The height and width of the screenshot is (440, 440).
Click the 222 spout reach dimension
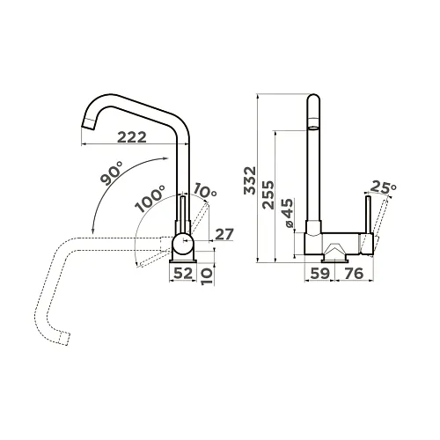click(132, 137)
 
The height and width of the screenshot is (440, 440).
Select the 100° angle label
click(150, 199)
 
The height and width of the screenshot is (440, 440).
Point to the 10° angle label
click(205, 191)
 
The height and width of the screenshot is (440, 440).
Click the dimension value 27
click(224, 234)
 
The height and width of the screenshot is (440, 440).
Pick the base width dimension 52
click(183, 274)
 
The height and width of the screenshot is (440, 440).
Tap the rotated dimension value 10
click(207, 276)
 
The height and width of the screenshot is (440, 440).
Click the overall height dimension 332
click(250, 180)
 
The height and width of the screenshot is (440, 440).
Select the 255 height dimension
click(268, 194)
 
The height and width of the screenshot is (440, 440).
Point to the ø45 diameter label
click(288, 213)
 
